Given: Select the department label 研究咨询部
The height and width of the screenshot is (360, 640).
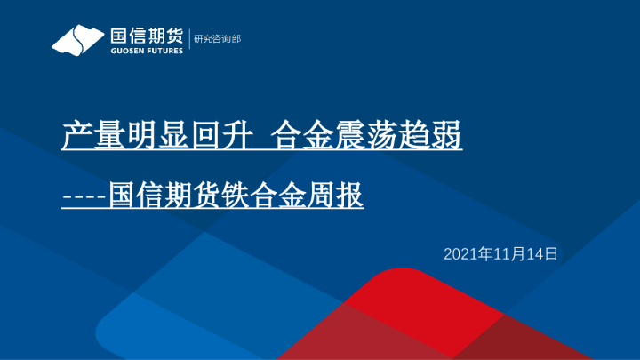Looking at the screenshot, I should point(217,40).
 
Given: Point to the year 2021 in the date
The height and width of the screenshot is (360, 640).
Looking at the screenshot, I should point(460,254).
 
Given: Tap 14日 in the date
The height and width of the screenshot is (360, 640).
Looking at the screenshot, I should point(540,254).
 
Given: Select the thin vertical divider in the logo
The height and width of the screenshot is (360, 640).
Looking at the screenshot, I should point(188,40).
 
